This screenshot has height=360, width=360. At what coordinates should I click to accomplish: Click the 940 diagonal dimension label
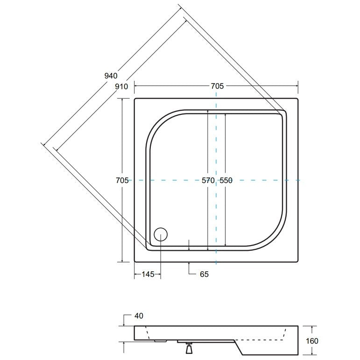tap(111, 76)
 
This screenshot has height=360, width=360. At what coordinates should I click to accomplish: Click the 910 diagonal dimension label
tap(121, 86)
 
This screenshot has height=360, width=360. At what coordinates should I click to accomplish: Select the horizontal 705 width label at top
tap(217, 86)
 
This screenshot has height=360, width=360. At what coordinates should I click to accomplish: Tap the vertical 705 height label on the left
tap(122, 180)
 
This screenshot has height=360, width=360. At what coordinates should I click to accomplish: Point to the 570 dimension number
tap(208, 180)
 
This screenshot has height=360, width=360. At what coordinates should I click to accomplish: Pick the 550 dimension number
tap(226, 180)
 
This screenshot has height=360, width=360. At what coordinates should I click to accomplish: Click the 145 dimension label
tap(148, 274)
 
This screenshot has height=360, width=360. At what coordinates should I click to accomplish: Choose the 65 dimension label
tap(204, 274)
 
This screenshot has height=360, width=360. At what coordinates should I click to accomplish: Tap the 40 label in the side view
tap(139, 316)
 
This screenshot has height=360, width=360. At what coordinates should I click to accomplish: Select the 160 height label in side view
tap(312, 341)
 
